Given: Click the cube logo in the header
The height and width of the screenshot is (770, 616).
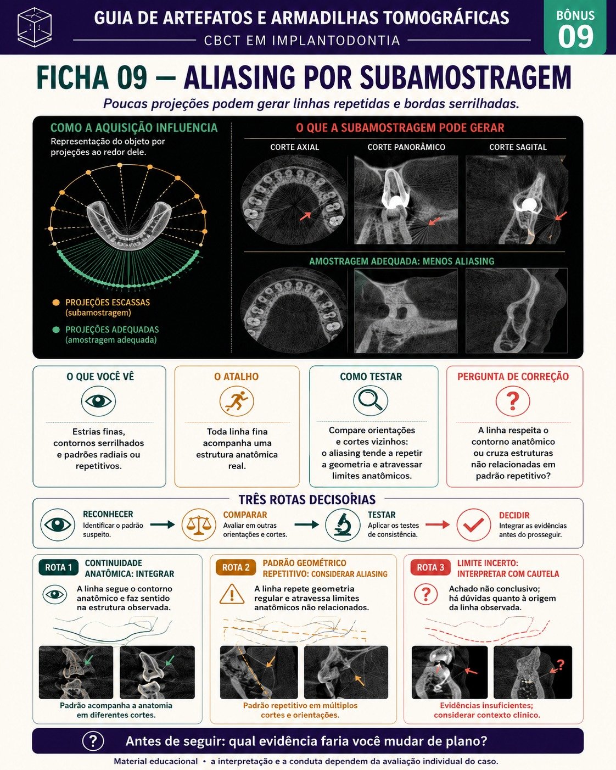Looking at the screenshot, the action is tap(35, 27).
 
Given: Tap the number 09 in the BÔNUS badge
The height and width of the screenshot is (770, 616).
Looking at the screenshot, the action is tap(575, 37).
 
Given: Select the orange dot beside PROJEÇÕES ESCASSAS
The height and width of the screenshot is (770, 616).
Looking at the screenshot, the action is tap(56, 303).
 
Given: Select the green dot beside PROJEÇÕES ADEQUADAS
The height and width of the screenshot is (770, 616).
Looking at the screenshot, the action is tap(56, 330).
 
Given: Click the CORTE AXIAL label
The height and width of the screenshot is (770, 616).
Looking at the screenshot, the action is tap(294, 147).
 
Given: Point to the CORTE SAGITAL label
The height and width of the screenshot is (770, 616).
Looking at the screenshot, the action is tap(518, 147).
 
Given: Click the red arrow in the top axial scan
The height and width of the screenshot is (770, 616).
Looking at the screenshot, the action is tap(305, 216).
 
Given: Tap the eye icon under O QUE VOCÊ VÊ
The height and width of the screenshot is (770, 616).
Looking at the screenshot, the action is tap(98, 401).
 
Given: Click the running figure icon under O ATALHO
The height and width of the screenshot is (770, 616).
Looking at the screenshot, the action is tap(237, 401).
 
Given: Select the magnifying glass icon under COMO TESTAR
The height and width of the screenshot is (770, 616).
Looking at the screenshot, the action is tap(371, 401).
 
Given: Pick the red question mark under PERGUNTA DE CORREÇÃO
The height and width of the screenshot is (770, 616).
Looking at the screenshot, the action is tap(513, 401).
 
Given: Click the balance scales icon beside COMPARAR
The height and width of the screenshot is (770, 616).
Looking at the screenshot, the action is tap(199, 525).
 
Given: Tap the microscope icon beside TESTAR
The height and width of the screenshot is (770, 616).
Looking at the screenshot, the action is tap(343, 525).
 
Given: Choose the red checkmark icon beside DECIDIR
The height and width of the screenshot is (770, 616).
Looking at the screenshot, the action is tap(474, 525).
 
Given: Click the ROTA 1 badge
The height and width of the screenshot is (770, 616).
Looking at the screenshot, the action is tap(58, 567).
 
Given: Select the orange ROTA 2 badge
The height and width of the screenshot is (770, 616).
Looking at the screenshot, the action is tap(236, 567).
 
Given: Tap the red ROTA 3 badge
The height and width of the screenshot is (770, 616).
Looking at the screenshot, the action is tap(430, 567).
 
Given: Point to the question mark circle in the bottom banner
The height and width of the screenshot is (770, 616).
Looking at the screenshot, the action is tap(93, 740).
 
